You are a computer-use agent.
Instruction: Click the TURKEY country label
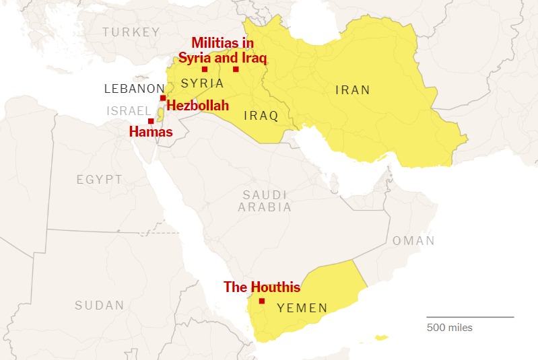pos(131,32)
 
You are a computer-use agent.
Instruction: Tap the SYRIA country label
pos(202,83)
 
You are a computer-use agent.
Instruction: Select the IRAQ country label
pos(261,116)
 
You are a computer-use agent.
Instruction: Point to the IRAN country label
pos(353,89)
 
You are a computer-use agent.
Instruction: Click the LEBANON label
pos(134,89)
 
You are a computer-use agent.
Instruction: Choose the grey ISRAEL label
pos(128,110)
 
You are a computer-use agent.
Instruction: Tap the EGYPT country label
pos(100,180)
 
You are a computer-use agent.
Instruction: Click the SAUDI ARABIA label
pos(265,201)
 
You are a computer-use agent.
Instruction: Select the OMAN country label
pos(413,241)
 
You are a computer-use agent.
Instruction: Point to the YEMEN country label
pos(302,309)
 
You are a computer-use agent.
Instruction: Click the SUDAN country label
pos(99,305)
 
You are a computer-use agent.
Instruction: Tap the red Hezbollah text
pos(197,106)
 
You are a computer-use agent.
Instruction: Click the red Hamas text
pos(150,133)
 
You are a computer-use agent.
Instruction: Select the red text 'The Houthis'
pos(261,287)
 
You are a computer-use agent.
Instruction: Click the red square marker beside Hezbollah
pos(163,98)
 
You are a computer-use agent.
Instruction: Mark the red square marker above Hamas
pos(151,121)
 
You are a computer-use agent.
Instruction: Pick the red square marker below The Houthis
pos(262,301)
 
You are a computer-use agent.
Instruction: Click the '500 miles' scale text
pos(449,328)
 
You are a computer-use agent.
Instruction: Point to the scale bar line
pos(469,316)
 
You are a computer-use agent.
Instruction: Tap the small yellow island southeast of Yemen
pos(382,337)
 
